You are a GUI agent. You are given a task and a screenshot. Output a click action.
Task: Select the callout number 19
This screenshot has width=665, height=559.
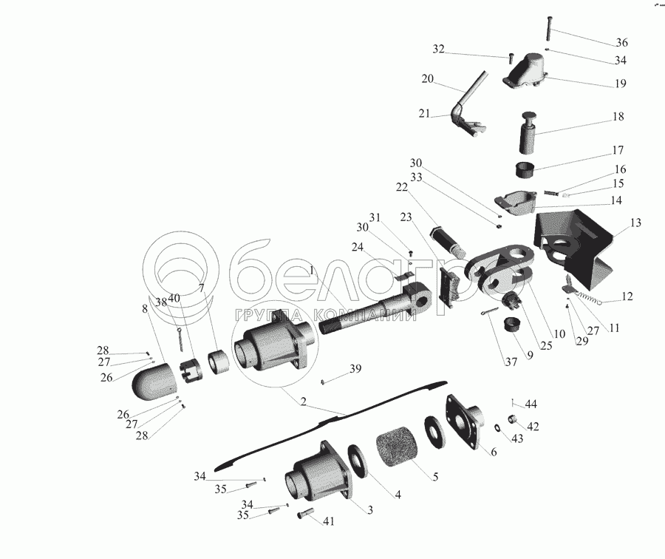(620, 83)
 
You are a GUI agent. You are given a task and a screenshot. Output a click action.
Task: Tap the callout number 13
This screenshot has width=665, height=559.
(636, 223)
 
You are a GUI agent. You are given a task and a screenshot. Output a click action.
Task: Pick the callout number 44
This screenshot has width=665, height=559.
(531, 404)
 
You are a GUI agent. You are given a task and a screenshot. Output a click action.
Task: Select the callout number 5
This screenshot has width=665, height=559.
(434, 477)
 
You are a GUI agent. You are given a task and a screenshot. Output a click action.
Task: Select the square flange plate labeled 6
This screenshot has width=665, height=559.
(468, 424)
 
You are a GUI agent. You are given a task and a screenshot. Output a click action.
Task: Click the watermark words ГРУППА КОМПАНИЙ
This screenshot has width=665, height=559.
(322, 314)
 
